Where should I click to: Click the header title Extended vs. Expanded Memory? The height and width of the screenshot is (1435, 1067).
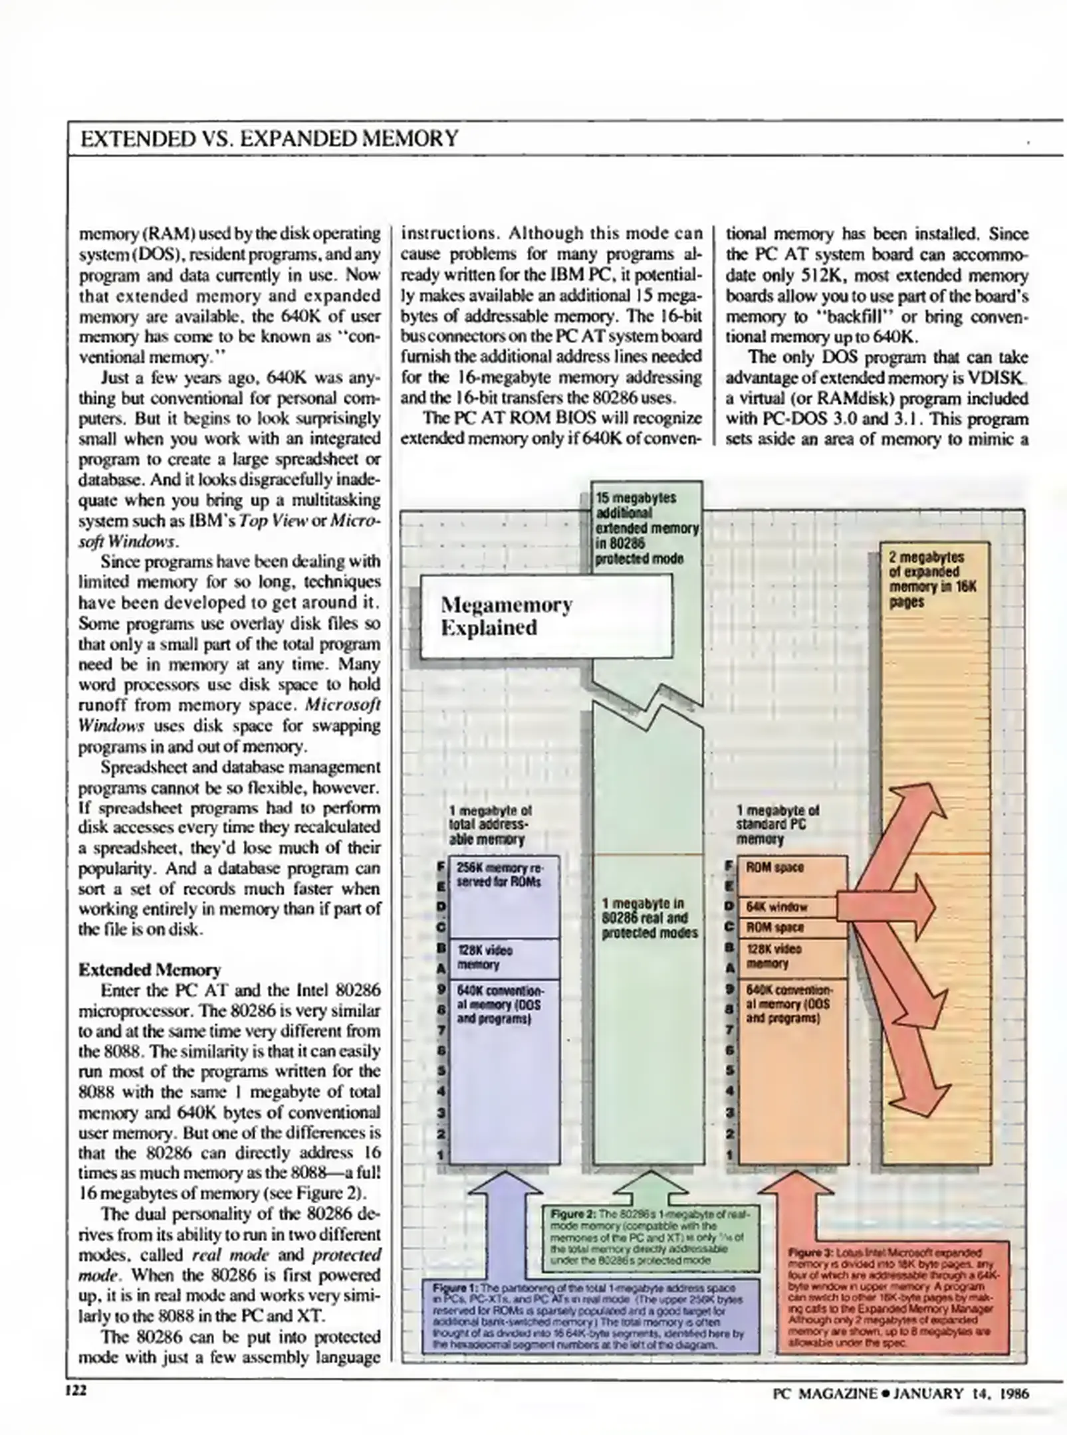269,138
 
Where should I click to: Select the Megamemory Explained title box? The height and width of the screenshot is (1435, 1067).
546,616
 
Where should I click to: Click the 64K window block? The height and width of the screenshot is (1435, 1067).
792,907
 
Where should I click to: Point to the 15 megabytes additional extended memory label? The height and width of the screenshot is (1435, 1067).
646,528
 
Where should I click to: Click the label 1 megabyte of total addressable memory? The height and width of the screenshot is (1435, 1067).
490,824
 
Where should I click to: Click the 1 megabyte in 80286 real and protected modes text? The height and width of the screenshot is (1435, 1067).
649,918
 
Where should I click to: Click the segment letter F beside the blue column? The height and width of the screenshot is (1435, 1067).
441,867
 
